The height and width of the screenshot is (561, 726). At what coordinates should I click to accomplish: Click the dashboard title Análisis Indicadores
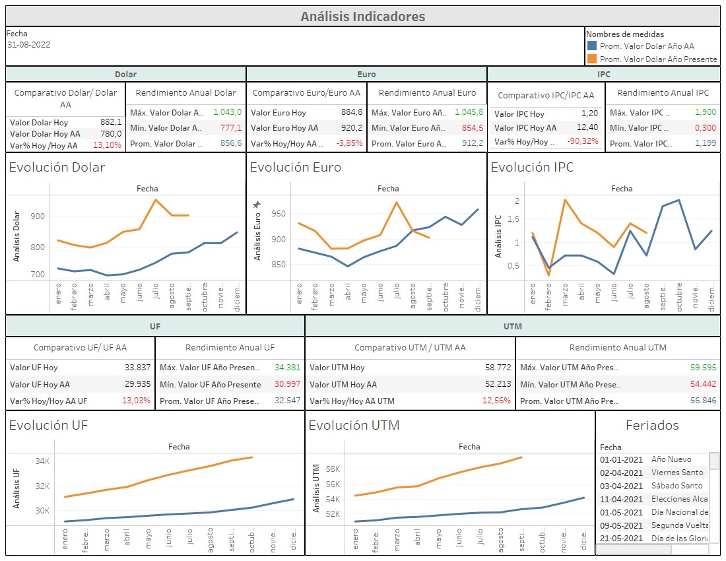click(x=362, y=16)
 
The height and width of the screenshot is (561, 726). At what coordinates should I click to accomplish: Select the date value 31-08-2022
click(x=29, y=45)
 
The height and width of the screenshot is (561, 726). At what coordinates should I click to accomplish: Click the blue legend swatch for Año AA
click(x=592, y=46)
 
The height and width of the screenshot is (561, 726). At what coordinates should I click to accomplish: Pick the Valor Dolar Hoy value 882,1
click(x=110, y=122)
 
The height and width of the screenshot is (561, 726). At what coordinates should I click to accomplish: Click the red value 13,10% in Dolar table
click(x=107, y=145)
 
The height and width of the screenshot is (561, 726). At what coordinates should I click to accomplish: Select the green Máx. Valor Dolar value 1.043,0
click(x=229, y=112)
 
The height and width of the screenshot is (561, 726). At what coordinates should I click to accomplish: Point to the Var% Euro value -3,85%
click(x=349, y=143)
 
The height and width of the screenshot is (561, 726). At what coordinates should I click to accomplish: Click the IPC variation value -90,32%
click(x=583, y=141)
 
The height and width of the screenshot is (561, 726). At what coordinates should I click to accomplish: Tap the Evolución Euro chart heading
click(x=295, y=168)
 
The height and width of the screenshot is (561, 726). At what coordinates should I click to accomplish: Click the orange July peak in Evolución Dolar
click(x=156, y=199)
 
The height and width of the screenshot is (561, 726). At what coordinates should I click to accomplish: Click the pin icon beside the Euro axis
click(x=257, y=205)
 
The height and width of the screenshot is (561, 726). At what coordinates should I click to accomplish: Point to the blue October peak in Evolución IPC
click(x=678, y=200)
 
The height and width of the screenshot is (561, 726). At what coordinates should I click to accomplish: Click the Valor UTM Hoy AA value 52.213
click(x=498, y=384)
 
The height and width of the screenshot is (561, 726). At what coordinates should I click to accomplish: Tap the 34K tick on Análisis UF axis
click(x=43, y=461)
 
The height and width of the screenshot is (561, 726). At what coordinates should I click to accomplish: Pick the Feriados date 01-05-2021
click(x=620, y=512)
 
